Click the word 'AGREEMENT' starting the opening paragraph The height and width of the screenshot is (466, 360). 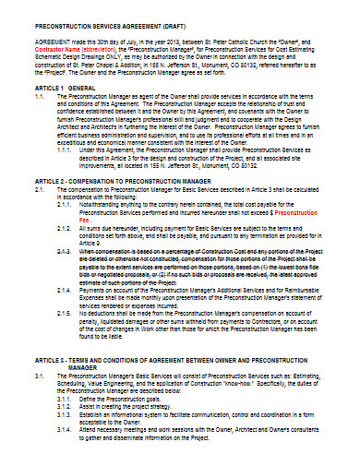pos(51,42)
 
